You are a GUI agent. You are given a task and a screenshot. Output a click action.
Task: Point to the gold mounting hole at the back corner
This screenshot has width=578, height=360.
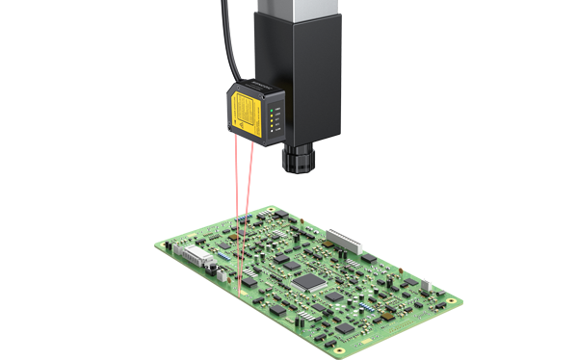click(273, 212)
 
